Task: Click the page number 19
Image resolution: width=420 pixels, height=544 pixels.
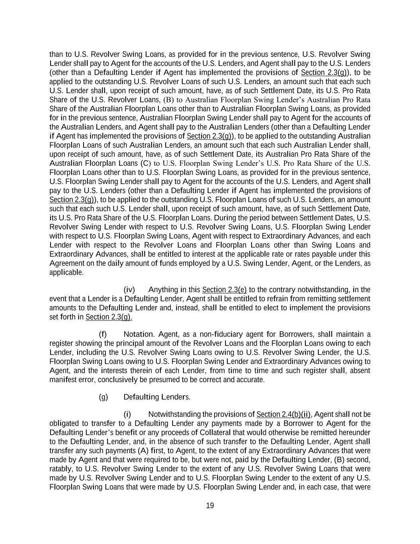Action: [210, 506]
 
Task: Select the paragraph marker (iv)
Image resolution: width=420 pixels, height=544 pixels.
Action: [129, 289]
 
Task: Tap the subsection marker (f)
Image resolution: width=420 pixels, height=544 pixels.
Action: [103, 334]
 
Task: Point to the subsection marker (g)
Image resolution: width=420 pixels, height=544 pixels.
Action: [103, 397]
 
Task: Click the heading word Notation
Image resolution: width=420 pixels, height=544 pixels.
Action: [139, 334]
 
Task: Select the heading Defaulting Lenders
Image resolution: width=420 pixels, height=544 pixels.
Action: [157, 397]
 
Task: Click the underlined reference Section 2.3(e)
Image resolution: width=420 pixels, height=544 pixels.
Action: [219, 289]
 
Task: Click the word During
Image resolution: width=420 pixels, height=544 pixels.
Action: [226, 218]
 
